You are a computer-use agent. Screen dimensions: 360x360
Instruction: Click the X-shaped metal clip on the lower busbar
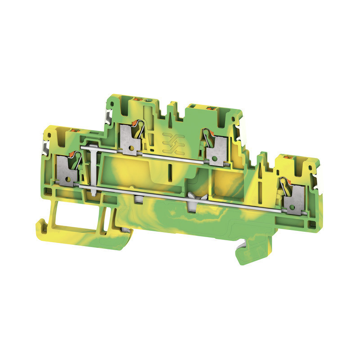point(195,197)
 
